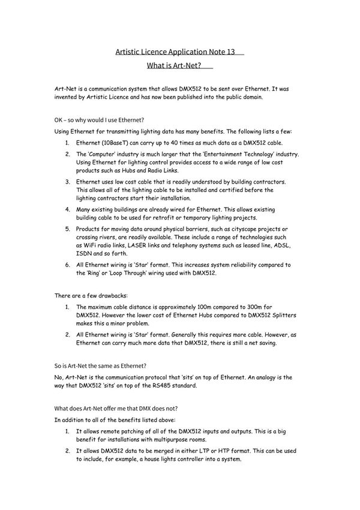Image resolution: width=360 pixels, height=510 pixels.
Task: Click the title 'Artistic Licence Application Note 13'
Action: (x=175, y=52)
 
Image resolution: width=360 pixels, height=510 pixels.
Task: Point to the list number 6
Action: (x=68, y=265)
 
